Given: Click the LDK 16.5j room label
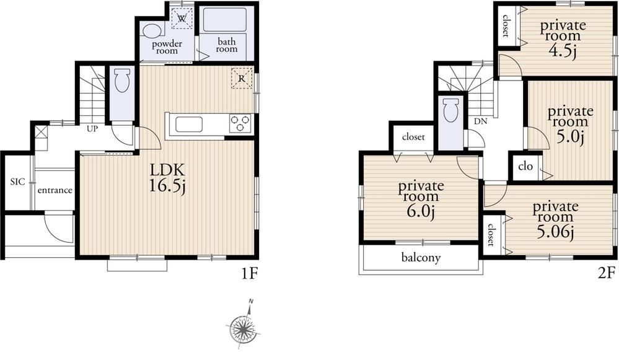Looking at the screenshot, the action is tap(168, 178).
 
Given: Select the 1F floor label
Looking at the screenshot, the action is tap(249, 273).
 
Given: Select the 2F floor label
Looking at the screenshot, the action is tap(607, 273).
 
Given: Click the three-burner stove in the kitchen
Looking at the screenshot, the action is tap(240, 123).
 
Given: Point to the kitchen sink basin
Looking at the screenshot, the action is tap(189, 125).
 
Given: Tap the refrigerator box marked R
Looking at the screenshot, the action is tap(242, 78).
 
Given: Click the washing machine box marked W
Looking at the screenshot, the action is tap(182, 18).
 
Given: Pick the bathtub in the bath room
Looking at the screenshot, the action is tap(225, 20).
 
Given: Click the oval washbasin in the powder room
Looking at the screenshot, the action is tap(152, 30).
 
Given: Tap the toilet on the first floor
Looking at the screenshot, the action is tap(121, 80).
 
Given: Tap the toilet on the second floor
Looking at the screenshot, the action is tap(451, 110).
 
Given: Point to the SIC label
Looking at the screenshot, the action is tap(17, 182).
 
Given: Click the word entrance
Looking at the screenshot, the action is tap(55, 190).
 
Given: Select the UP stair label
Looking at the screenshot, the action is tap(92, 129).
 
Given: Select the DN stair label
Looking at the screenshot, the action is tap(480, 121).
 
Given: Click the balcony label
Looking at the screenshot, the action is tap(421, 258).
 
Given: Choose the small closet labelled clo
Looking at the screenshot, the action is tap(525, 166).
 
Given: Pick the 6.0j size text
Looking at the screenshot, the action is tap(421, 212).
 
